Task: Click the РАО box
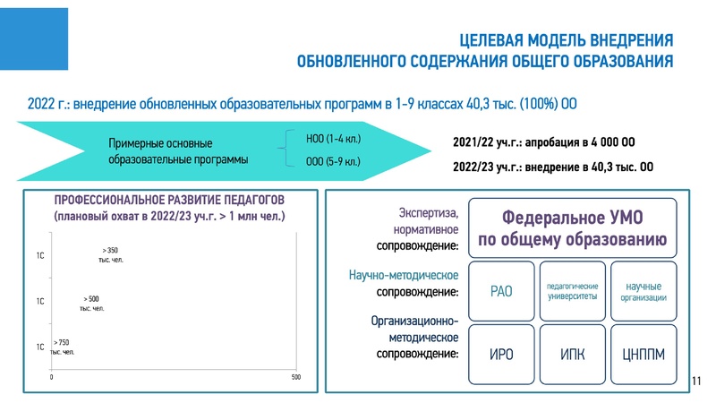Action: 501,290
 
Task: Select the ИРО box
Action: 501,354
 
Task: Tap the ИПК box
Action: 572,354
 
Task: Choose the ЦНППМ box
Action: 643,354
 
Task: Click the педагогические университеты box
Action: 572,291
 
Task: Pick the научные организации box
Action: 643,291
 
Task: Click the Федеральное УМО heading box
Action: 572,227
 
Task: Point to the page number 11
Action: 696,382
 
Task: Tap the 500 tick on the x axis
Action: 296,378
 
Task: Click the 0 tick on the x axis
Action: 52,378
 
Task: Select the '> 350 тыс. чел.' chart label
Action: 110,254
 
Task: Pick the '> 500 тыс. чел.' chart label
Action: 91,303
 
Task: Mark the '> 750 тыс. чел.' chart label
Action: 62,347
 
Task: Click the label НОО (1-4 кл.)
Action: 333,138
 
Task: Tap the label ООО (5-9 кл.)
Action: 333,162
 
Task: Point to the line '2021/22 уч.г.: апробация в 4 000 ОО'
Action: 543,142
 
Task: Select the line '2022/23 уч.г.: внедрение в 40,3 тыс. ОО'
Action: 553,167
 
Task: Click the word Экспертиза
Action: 429,213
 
